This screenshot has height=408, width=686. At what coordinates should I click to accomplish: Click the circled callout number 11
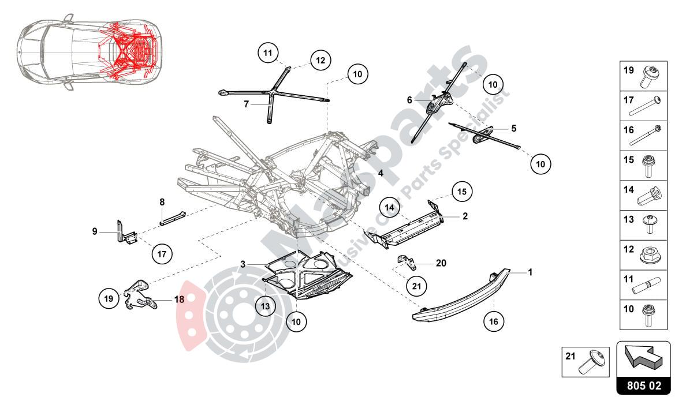267,54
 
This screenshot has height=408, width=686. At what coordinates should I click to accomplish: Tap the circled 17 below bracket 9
162,252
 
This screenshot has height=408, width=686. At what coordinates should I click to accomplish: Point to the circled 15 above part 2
461,191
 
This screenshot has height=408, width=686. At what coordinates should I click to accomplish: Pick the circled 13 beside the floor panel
264,306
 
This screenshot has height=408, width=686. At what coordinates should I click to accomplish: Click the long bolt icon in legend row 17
648,106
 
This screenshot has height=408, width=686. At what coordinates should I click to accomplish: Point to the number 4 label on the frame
381,173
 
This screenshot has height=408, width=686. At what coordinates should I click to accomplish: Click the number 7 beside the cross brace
245,104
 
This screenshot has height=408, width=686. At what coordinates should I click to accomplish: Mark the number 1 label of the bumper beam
530,272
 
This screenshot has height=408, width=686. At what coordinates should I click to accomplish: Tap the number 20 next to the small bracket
441,263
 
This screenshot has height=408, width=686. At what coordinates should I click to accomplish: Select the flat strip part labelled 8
172,218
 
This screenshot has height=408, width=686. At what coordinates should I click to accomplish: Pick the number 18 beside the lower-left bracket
179,300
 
